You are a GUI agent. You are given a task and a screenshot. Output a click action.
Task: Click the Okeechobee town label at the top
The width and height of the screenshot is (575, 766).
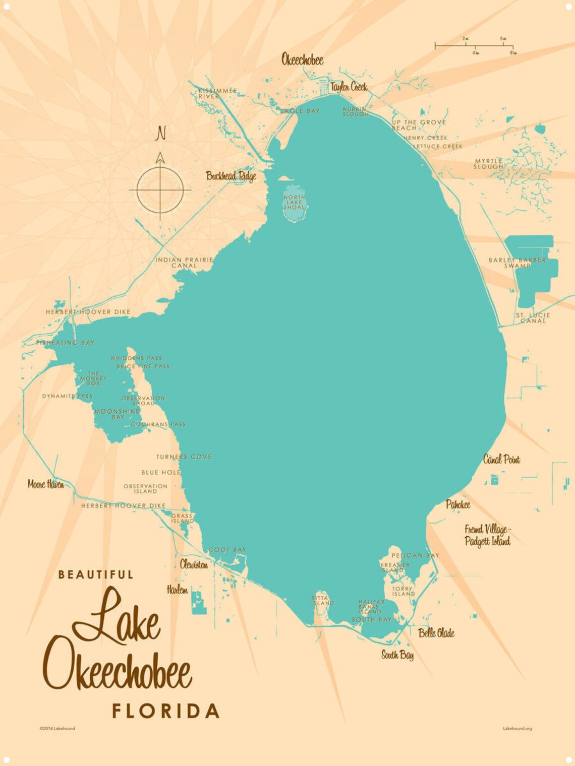[302, 60]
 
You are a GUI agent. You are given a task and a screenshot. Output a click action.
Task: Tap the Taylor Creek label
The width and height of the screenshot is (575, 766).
[349, 87]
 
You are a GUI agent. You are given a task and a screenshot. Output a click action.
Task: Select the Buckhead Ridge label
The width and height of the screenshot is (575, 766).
[231, 176]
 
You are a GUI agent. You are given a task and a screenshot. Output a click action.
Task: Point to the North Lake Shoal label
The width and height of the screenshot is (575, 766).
[294, 202]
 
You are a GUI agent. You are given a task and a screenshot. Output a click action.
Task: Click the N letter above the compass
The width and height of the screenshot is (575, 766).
[160, 134]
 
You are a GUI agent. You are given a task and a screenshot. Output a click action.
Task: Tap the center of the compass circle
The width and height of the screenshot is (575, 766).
[160, 190]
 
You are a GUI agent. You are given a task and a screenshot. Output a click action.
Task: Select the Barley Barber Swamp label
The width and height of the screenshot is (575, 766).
[517, 263]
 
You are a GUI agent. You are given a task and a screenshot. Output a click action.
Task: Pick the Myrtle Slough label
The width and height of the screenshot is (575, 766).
[488, 164]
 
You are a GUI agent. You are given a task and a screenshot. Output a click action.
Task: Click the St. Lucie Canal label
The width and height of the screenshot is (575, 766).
[533, 317]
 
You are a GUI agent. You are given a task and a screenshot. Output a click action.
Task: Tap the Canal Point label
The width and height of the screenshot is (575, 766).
[501, 459]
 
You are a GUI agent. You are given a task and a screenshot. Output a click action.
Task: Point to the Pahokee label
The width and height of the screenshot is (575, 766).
[458, 504]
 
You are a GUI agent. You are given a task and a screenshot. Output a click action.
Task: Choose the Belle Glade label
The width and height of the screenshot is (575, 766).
[436, 633]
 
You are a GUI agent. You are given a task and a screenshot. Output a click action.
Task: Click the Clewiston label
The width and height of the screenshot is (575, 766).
[194, 564]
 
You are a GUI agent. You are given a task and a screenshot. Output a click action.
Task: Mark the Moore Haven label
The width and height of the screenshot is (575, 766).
[46, 484]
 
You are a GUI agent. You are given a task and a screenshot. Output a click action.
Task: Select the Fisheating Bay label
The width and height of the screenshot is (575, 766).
[66, 343]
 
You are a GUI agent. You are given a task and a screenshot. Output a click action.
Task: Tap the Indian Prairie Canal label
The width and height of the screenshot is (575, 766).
[184, 263]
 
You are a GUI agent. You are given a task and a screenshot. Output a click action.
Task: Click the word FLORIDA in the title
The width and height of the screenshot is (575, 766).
[165, 711]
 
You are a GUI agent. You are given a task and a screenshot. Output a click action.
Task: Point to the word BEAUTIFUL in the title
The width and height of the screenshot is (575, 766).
[96, 574]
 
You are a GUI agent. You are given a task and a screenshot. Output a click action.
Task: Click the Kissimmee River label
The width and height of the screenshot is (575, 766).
[217, 93]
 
